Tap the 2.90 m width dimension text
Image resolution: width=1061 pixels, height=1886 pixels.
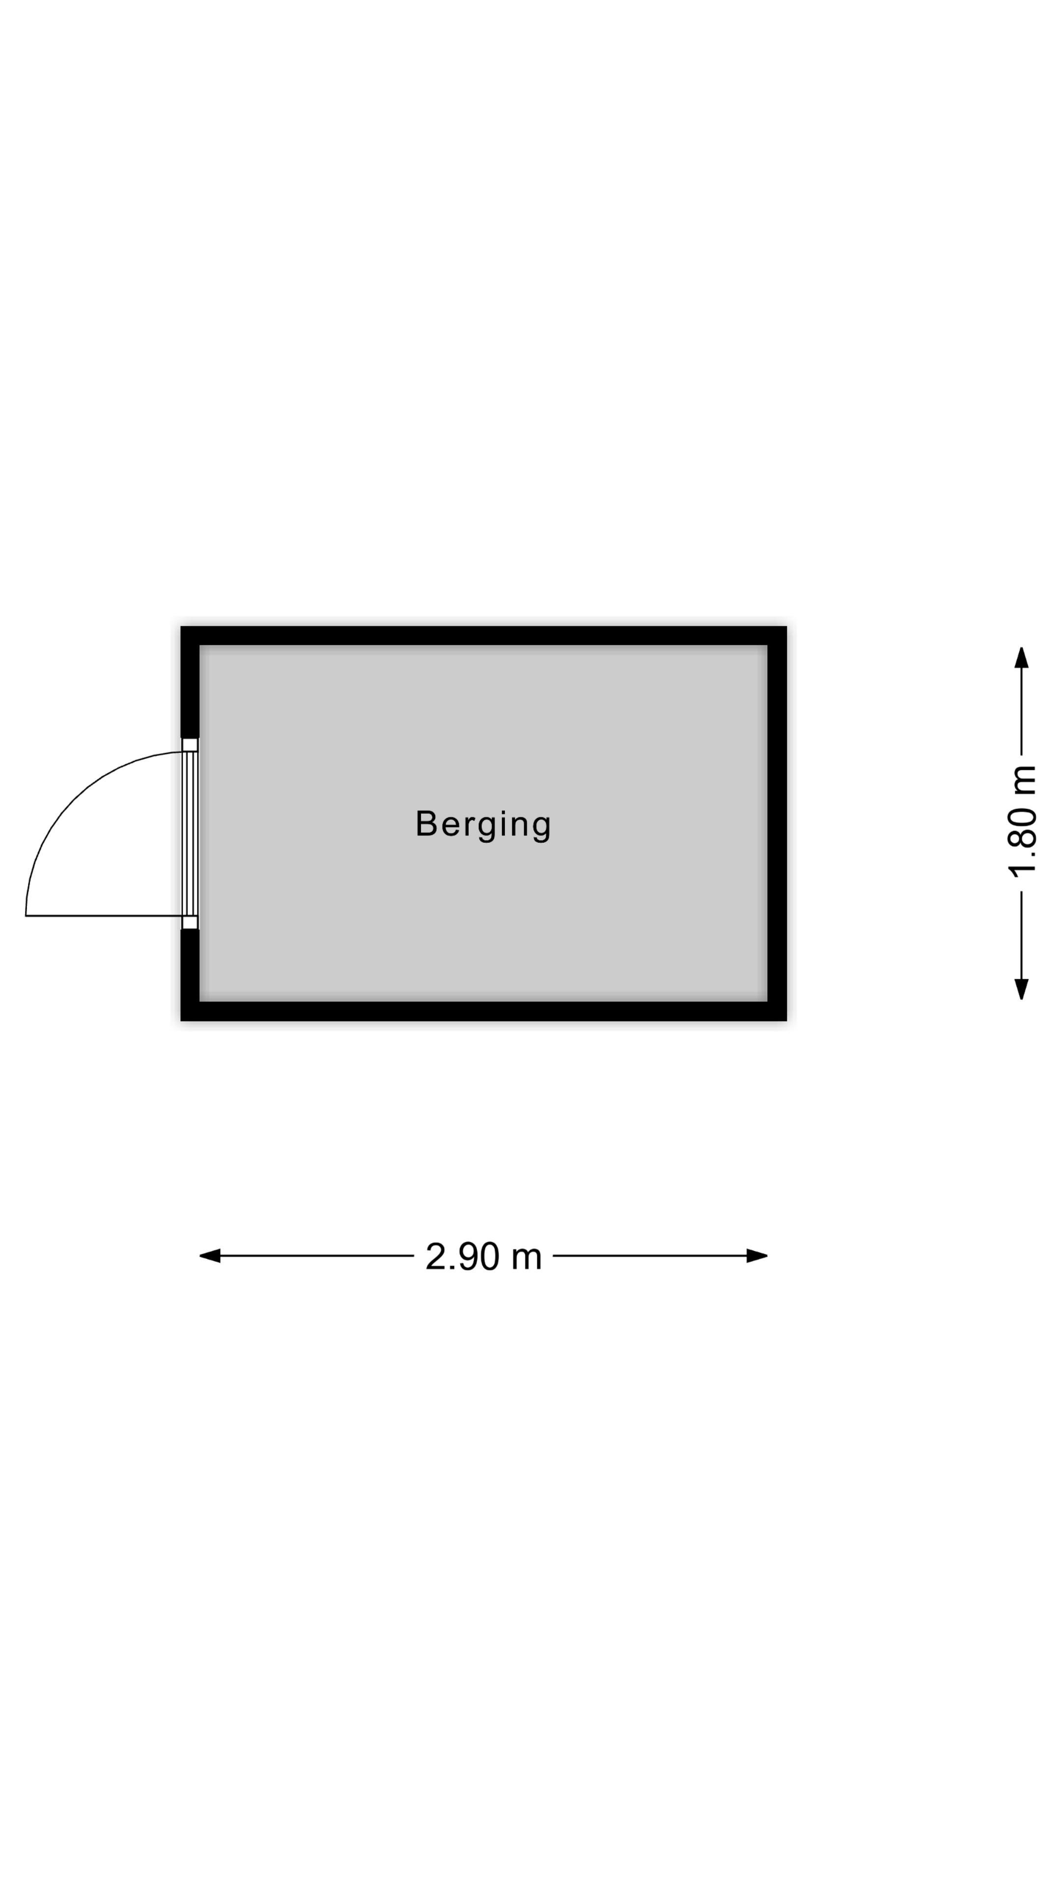483,1256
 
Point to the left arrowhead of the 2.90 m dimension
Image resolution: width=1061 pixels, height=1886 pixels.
210,1256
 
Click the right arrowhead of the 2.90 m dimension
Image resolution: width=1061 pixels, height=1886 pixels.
757,1256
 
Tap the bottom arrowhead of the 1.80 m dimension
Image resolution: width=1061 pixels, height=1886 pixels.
1022,989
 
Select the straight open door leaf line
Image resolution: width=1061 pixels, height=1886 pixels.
104,916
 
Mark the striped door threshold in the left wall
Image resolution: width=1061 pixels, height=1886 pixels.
191,833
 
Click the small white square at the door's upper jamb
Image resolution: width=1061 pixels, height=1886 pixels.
191,745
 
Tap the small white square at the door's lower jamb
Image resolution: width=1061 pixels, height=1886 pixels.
191,922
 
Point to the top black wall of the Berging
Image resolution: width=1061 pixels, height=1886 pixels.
483,636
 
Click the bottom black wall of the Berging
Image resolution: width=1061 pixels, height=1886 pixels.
483,1011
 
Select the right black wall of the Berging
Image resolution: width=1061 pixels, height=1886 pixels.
777,824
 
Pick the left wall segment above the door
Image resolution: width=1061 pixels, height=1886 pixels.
190,682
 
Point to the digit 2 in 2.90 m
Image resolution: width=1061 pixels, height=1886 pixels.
436,1256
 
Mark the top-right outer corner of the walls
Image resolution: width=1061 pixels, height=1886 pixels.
787,626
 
